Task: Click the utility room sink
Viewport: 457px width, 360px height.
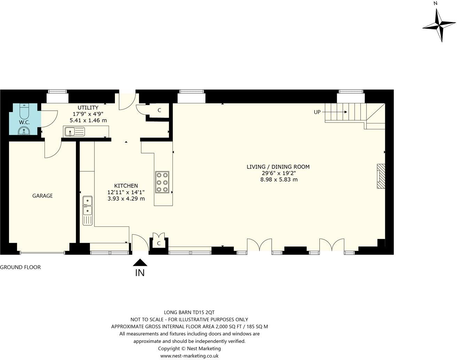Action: tap(74, 132)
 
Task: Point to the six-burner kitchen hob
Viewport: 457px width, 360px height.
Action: tap(162, 182)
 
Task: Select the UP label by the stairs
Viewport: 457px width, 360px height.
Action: tap(317, 112)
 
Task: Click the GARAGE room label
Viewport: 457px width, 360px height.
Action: tap(42, 196)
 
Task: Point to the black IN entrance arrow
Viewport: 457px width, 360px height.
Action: tap(140, 262)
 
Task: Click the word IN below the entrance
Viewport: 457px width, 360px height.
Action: tap(140, 273)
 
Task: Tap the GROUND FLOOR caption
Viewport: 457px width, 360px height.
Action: tap(20, 267)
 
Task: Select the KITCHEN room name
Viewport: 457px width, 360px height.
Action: tap(126, 186)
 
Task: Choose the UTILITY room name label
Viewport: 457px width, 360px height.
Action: tap(88, 107)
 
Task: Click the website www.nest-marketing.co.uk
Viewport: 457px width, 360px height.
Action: tap(189, 356)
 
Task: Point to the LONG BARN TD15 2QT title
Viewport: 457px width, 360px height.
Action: tap(189, 312)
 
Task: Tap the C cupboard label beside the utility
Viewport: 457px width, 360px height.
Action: tap(159, 110)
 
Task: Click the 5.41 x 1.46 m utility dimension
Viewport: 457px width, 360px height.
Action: tap(88, 120)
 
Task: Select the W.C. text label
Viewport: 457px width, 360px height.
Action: tap(25, 122)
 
